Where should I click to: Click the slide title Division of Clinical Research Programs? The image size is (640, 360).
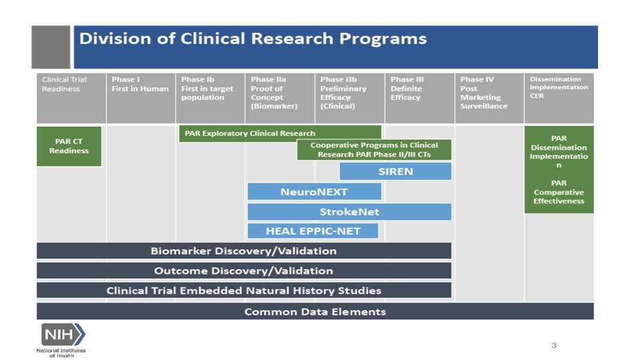[x=253, y=39]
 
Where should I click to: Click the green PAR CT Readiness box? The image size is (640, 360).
[x=69, y=146]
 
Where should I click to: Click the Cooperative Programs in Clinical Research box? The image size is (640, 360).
[x=374, y=150]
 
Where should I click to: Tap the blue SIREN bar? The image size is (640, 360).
[x=395, y=171]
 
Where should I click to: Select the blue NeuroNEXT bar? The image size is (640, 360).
[x=314, y=192]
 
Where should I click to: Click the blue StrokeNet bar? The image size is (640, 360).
[x=349, y=212]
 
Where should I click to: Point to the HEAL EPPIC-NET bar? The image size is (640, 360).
[x=313, y=231]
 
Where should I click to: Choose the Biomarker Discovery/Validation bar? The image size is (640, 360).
[x=243, y=251]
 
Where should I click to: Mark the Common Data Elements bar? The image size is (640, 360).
[x=315, y=311]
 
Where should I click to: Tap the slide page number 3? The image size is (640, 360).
[x=553, y=345]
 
